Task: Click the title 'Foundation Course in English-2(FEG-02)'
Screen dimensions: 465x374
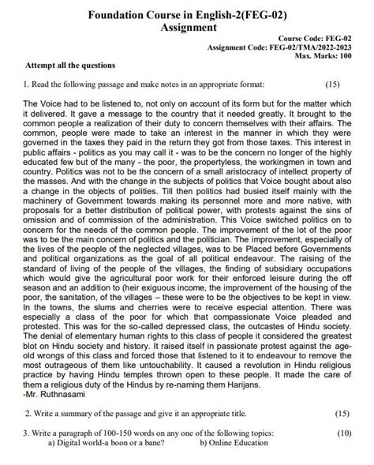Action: click(x=187, y=13)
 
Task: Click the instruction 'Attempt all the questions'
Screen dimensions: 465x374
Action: click(x=71, y=65)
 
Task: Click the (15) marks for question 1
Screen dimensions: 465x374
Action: click(x=331, y=84)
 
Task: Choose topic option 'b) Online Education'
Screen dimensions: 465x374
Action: click(x=236, y=443)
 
